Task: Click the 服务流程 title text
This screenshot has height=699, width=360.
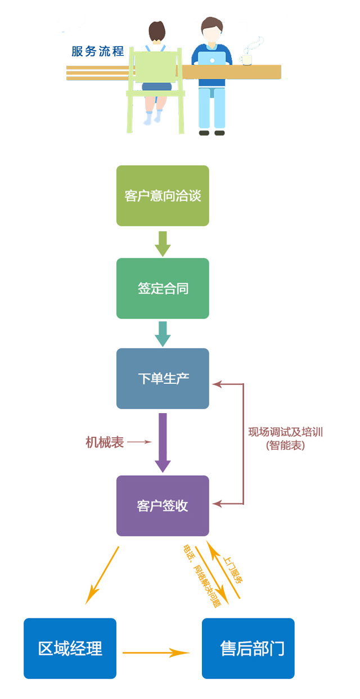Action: [x=97, y=51]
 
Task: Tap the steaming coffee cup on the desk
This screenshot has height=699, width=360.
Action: [x=247, y=57]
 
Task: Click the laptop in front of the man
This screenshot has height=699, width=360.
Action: [x=211, y=58]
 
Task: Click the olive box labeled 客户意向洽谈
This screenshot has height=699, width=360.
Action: [x=163, y=196]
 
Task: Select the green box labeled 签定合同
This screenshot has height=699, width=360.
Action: [x=163, y=289]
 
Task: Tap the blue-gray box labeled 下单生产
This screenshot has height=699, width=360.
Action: [x=163, y=378]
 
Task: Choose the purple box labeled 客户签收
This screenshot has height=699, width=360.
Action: [x=163, y=505]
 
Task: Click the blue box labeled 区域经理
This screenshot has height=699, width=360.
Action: [x=70, y=648]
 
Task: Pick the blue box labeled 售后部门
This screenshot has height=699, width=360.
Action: [x=248, y=648]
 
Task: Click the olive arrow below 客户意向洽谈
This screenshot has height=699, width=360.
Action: [x=163, y=243]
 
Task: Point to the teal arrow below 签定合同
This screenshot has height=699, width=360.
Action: [x=163, y=334]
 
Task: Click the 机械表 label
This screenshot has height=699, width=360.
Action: [x=105, y=442]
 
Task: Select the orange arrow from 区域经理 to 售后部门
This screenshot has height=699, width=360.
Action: [x=156, y=653]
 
